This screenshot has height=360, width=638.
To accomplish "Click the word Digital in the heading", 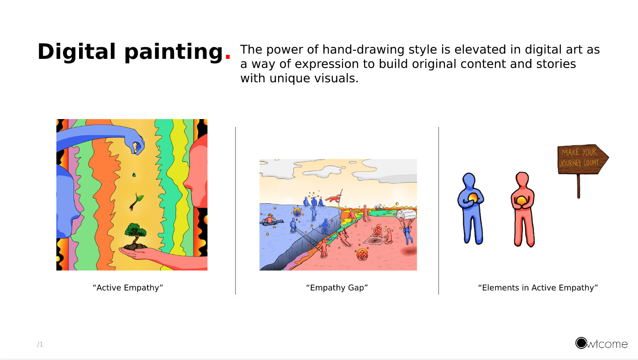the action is tap(77, 51).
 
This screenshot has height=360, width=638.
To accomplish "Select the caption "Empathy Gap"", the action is tap(337, 288).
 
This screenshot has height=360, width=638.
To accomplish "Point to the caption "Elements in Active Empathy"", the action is tap(538, 288).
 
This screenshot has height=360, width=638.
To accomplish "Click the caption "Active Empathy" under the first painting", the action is tap(128, 288).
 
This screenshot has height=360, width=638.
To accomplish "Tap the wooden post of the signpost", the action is tap(578, 186).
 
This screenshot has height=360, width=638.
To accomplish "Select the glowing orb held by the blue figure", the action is tap(473, 198).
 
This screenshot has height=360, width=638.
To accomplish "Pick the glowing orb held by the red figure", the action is tap(522, 201).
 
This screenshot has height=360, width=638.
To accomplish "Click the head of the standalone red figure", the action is tap(522, 179).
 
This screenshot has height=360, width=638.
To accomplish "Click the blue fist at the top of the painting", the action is tap(137, 145).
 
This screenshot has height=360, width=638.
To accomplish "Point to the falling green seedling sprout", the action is tap(137, 201).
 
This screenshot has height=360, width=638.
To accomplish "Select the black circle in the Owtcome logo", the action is tap(581, 343).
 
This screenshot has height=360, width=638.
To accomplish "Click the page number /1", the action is tap(40, 344).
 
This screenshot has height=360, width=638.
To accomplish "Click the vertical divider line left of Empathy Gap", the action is tap(235, 211).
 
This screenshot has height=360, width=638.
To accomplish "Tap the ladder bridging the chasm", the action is tap(306, 236).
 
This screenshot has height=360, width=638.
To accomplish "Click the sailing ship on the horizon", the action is tap(379, 207).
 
